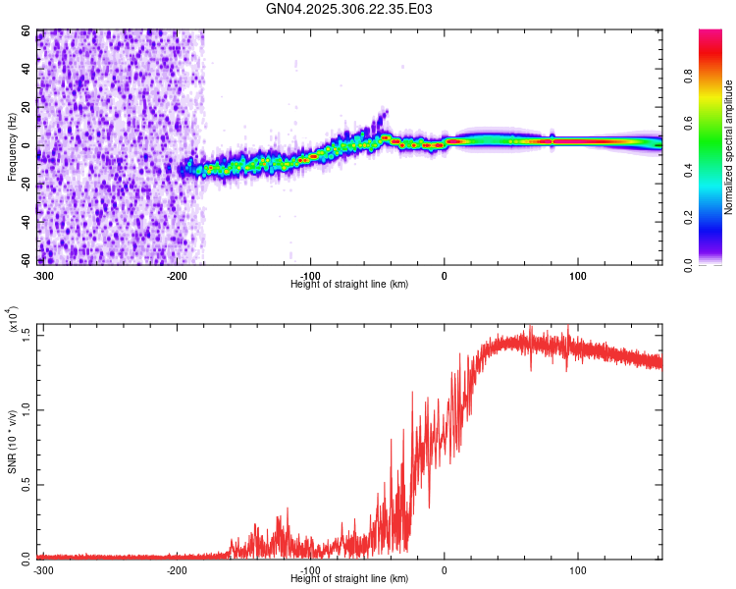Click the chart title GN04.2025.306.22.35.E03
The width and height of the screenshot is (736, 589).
349,9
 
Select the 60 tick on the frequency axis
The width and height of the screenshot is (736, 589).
26,31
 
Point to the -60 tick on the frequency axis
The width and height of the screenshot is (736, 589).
25,260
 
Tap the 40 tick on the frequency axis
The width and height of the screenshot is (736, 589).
26,70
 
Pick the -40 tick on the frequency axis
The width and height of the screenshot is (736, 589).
25,222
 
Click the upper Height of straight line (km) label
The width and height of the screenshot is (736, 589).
349,284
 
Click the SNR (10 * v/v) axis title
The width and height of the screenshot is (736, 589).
12,442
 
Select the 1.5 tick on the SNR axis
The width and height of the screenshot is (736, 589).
26,335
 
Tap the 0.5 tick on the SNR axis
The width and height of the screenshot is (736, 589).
26,484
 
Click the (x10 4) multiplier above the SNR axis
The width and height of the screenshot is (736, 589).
14,320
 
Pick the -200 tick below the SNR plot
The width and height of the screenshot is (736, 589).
177,569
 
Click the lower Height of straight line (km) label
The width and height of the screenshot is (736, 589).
349,579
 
